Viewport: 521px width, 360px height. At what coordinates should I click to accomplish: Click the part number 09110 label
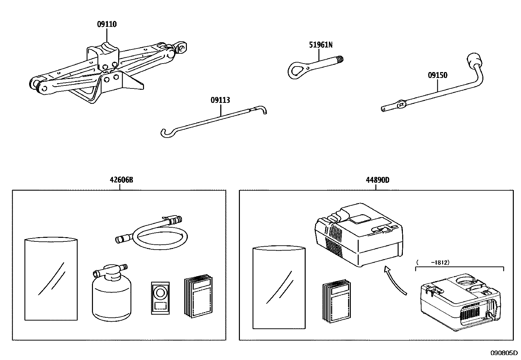click(x=107, y=24)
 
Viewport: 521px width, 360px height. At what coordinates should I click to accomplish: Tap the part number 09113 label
click(x=220, y=100)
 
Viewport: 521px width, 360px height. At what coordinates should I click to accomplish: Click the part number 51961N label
click(x=321, y=45)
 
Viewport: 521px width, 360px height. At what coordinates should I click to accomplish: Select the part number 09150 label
click(x=438, y=75)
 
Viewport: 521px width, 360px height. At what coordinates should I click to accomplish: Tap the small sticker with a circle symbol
click(x=160, y=298)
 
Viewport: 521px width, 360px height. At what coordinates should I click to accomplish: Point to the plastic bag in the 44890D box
click(x=279, y=288)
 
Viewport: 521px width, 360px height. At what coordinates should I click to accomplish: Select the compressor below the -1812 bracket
click(x=460, y=302)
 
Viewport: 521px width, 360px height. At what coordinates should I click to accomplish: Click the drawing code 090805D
click(x=503, y=353)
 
